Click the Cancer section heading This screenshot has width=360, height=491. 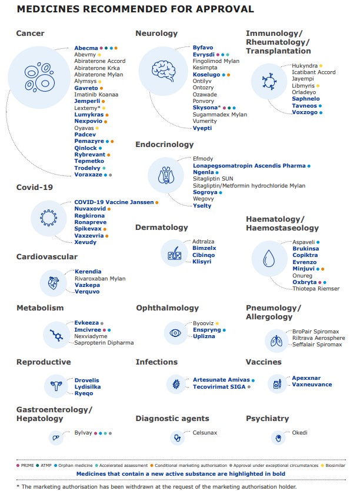coord(30,34)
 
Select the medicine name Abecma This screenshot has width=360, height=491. coord(86,48)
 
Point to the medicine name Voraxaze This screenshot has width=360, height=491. coord(88,175)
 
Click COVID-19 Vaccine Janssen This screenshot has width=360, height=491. coord(114,202)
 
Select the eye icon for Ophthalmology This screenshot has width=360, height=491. coord(175,332)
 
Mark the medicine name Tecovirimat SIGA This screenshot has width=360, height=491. coord(219,387)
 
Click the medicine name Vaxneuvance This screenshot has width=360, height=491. coord(312,385)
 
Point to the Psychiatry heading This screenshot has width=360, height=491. coord(267,419)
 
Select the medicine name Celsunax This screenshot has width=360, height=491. coord(206,432)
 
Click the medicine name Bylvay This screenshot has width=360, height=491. coord(84,433)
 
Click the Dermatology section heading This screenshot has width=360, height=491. coord(162,227)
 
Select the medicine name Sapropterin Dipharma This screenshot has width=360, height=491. coord(104,343)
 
